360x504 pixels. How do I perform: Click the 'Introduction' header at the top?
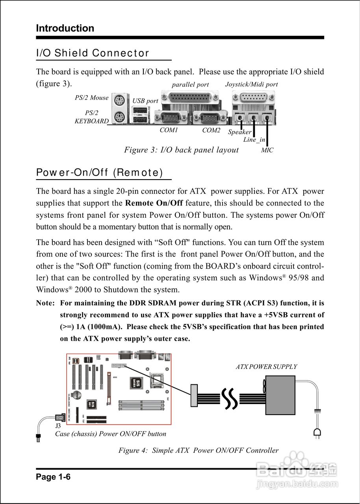pyautogui.click(x=65, y=28)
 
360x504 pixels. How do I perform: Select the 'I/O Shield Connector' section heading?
pyautogui.click(x=93, y=53)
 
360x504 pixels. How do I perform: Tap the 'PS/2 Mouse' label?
pyautogui.click(x=91, y=98)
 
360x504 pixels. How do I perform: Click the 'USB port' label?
pyautogui.click(x=145, y=101)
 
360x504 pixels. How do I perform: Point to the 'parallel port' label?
pyautogui.click(x=190, y=85)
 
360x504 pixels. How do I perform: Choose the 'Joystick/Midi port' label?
pyautogui.click(x=251, y=84)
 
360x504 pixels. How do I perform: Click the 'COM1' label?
pyautogui.click(x=169, y=130)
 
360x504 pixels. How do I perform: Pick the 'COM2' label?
pyautogui.click(x=211, y=130)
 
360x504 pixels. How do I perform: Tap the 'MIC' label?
pyautogui.click(x=267, y=150)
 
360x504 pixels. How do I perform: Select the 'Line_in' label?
pyautogui.click(x=254, y=140)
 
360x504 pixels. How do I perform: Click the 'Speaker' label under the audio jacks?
pyautogui.click(x=239, y=132)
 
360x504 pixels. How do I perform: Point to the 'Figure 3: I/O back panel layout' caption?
pyautogui.click(x=181, y=150)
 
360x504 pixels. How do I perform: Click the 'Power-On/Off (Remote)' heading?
pyautogui.click(x=99, y=172)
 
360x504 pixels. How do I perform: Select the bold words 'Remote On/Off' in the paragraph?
pyautogui.click(x=154, y=203)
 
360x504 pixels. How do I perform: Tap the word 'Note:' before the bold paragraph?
pyautogui.click(x=45, y=303)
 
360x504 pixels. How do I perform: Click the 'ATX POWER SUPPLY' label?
pyautogui.click(x=266, y=367)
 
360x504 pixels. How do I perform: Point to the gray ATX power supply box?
pyautogui.click(x=280, y=395)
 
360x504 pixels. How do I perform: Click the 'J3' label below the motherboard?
pyautogui.click(x=58, y=426)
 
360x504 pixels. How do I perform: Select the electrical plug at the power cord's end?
pyautogui.click(x=317, y=433)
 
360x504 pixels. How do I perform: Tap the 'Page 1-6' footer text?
pyautogui.click(x=53, y=477)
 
